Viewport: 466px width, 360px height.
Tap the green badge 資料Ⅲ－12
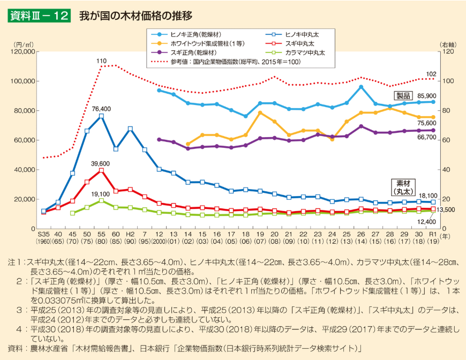click(39, 16)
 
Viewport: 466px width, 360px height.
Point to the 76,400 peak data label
click(101, 108)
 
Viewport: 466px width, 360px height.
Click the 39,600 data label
click(100, 163)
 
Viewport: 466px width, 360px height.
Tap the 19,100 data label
click(100, 194)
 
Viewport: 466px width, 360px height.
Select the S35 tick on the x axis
click(43, 235)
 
